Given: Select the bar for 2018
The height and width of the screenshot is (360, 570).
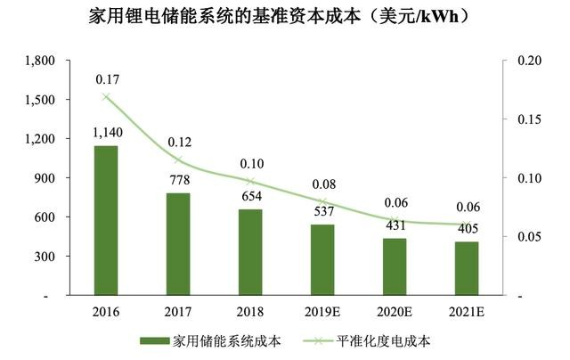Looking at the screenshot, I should coord(250,252).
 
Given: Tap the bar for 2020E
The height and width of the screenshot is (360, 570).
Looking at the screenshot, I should coord(395,266).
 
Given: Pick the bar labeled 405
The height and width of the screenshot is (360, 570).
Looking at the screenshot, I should coord(467,268).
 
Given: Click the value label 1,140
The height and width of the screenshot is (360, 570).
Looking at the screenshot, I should coord(106,133).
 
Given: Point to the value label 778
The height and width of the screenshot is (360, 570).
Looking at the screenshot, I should coord(178,181).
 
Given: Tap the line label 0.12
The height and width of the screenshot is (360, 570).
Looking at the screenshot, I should coord(178,141).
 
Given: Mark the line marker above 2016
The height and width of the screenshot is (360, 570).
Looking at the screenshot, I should coord(106,97).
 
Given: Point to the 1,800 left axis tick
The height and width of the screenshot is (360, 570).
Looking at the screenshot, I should coord(41,61).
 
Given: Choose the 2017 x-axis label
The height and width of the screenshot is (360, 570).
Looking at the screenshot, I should coord(178,312).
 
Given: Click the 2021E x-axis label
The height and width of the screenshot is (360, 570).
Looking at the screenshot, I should coord(467,312).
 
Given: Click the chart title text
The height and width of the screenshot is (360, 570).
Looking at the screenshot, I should coord(286,17).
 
